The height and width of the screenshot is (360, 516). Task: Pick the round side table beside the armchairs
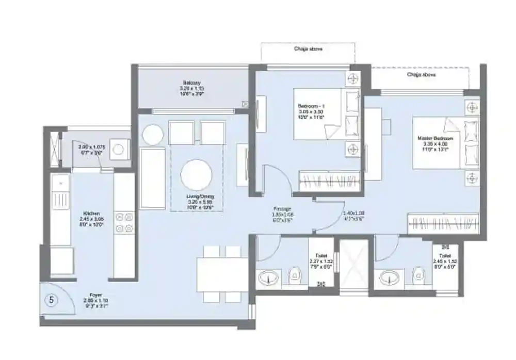(153, 135)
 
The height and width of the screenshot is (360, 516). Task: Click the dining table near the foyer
(222, 274)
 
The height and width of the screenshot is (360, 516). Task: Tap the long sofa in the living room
(152, 178)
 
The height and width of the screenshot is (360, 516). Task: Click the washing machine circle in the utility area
(119, 149)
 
